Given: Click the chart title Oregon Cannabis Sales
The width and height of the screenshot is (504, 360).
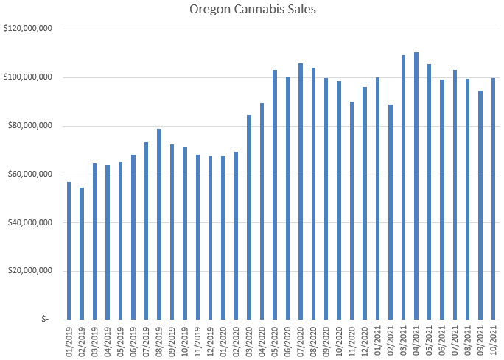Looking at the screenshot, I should [251, 10].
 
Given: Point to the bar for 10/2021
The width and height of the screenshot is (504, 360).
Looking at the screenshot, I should [493, 199].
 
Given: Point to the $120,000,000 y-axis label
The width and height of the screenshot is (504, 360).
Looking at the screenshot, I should [27, 29].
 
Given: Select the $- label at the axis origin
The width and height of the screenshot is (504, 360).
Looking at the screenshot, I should [46, 320].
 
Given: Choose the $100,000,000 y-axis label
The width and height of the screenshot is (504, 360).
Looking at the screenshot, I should [27, 77].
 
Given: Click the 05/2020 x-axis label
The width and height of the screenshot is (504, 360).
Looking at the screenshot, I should [275, 340].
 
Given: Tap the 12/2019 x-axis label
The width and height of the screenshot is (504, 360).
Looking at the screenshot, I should [210, 340].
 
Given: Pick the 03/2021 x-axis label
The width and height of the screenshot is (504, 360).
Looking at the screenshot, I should [403, 340].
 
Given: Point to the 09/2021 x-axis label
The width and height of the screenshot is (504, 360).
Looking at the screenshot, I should [480, 340].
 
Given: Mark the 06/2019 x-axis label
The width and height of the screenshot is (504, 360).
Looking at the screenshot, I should [133, 340].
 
